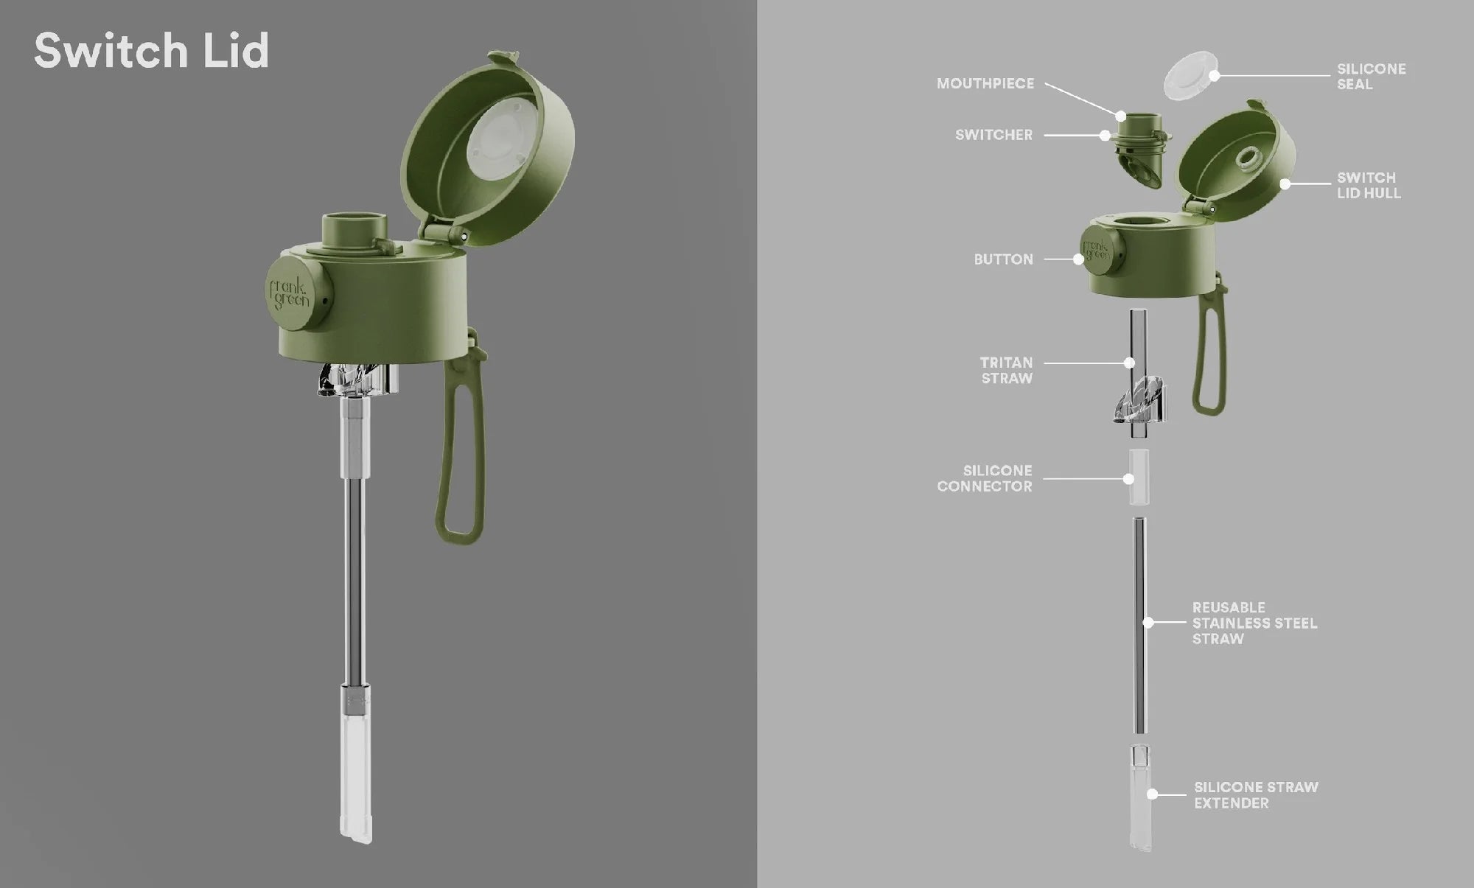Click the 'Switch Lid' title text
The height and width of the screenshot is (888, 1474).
[151, 51]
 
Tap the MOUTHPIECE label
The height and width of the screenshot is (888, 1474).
[985, 84]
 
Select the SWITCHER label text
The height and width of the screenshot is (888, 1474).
[993, 135]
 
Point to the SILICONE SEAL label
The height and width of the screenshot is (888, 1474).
[1371, 77]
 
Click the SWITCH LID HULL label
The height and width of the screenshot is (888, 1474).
[1369, 186]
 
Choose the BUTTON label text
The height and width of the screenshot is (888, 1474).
[1003, 259]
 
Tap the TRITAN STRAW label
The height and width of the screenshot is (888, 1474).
[1006, 371]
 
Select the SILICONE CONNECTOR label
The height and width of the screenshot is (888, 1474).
[985, 478]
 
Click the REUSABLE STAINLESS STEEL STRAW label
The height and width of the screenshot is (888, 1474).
[1254, 623]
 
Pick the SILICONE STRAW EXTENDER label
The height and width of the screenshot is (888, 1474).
[1256, 795]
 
